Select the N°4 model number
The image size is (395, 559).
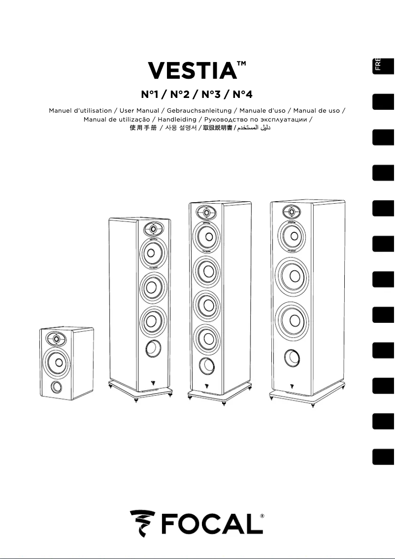point(242,94)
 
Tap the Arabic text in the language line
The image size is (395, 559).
point(254,128)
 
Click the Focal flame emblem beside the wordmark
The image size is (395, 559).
point(141,523)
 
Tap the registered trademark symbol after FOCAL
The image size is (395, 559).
point(262,516)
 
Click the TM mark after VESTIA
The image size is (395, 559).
point(241,64)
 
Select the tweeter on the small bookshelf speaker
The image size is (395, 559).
point(56,339)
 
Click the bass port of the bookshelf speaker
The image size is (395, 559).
point(56,386)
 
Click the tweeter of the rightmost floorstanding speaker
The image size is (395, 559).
point(292,213)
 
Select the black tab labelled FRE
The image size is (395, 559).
point(383,64)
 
